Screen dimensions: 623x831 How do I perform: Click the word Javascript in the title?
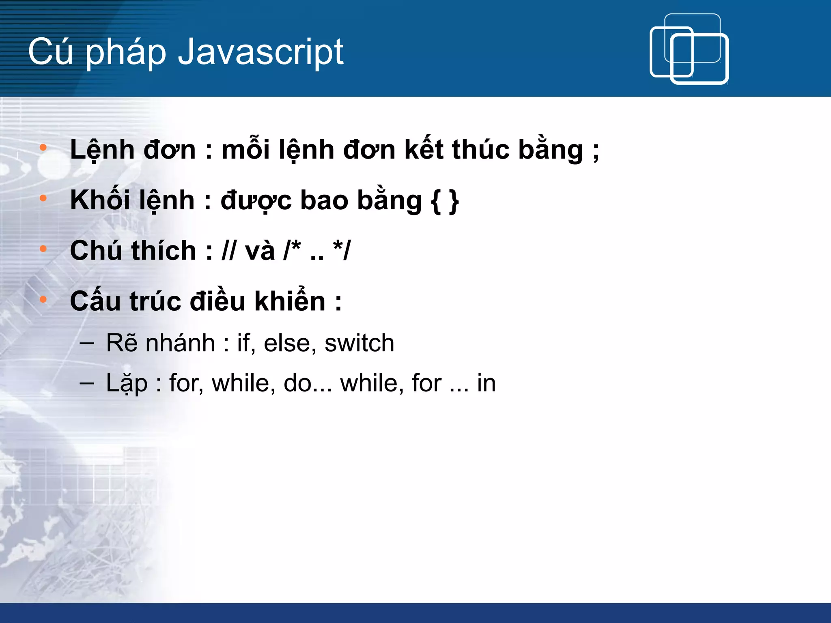[260, 52]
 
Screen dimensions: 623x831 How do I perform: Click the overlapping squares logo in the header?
[689, 49]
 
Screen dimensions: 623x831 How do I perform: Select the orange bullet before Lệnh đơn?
[43, 148]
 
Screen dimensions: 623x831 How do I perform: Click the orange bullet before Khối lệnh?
[43, 198]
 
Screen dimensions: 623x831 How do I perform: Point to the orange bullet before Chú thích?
[43, 249]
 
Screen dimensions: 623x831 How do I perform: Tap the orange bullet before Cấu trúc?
[43, 299]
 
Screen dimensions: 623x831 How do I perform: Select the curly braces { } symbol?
[445, 201]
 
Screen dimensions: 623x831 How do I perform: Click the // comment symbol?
[228, 250]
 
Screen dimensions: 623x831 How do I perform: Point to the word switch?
[359, 343]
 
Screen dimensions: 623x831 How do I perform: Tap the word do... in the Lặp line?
[308, 383]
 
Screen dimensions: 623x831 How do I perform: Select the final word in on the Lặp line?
[486, 383]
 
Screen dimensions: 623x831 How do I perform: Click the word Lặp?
[127, 383]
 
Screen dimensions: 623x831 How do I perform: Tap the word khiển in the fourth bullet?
[290, 301]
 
